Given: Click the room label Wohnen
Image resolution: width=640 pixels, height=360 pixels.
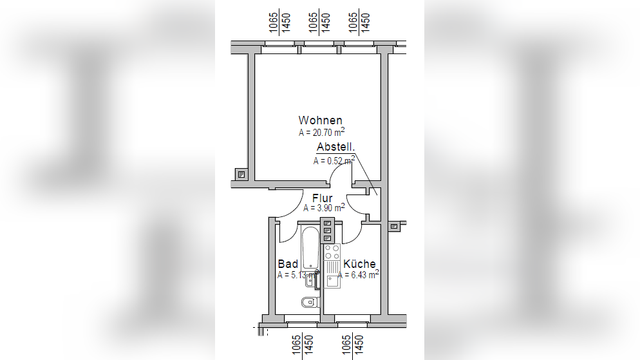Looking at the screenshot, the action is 320,120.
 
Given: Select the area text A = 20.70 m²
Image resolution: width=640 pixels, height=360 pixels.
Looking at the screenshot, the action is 322,132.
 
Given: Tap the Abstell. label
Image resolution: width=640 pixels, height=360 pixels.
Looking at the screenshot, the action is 335,147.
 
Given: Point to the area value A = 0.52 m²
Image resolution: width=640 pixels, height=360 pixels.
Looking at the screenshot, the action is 334,160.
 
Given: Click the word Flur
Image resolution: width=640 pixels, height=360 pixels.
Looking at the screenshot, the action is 323,198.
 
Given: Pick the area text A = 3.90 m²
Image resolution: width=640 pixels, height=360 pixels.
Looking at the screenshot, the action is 324,208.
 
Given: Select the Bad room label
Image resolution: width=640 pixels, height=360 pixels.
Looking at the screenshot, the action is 288,263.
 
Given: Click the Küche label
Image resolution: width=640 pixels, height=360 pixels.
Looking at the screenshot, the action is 359,263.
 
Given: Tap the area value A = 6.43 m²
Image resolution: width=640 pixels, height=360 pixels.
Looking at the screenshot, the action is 359,274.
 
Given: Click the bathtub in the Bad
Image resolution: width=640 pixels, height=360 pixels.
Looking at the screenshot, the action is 310,248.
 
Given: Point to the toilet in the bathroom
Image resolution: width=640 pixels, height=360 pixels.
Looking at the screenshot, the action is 310,302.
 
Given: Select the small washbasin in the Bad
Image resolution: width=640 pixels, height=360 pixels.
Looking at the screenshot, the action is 310,280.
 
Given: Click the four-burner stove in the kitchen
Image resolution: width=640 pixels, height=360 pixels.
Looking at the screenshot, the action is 332,252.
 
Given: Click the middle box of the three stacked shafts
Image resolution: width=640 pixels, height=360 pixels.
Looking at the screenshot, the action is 327,231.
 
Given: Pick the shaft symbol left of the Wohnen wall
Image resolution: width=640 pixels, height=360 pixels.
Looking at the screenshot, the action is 241,175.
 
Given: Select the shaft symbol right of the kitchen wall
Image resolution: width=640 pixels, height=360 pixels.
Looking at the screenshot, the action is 394,226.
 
